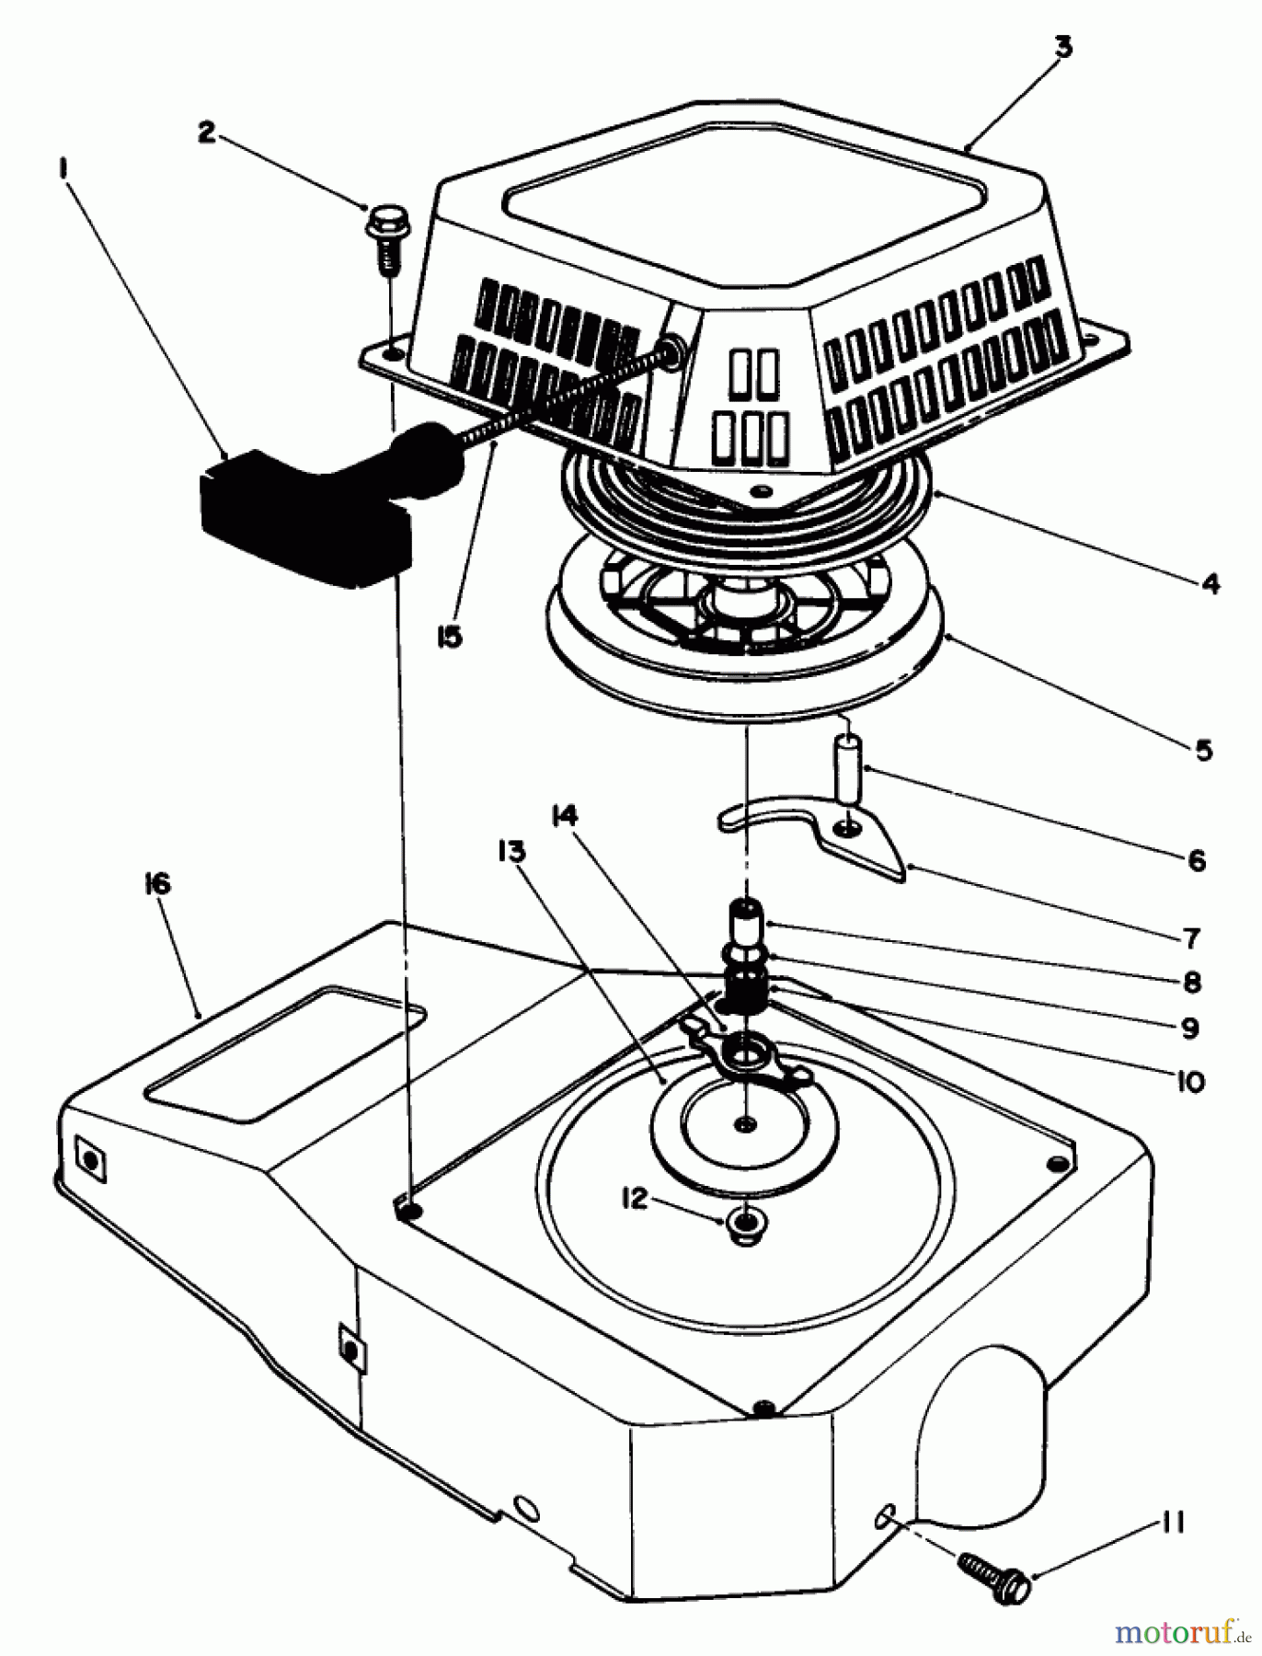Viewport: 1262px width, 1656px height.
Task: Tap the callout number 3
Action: [1062, 46]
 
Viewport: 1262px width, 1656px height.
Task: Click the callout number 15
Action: [448, 636]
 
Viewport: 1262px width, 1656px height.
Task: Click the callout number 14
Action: [564, 815]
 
